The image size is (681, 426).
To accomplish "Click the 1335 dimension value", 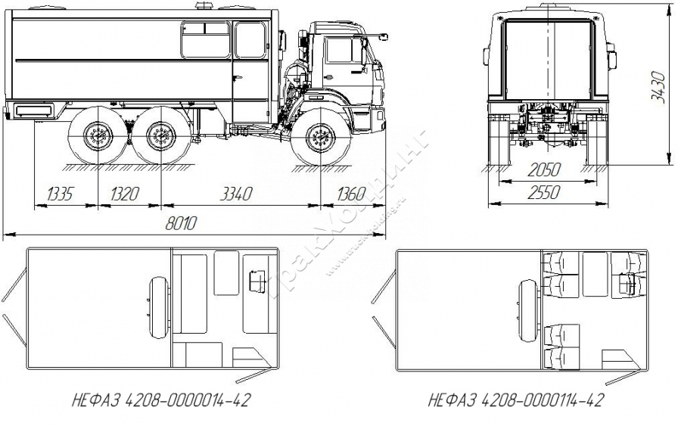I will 61,195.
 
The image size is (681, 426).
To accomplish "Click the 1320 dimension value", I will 126,195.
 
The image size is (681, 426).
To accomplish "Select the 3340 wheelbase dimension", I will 235,195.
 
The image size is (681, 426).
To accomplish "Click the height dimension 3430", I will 658,86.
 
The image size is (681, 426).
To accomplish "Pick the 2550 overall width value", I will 546,193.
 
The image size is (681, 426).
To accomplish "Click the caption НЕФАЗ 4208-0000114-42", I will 517,400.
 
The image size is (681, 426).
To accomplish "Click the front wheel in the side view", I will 322,138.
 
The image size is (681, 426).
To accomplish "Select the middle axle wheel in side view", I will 160,138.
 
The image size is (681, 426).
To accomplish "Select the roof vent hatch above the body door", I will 203,8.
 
